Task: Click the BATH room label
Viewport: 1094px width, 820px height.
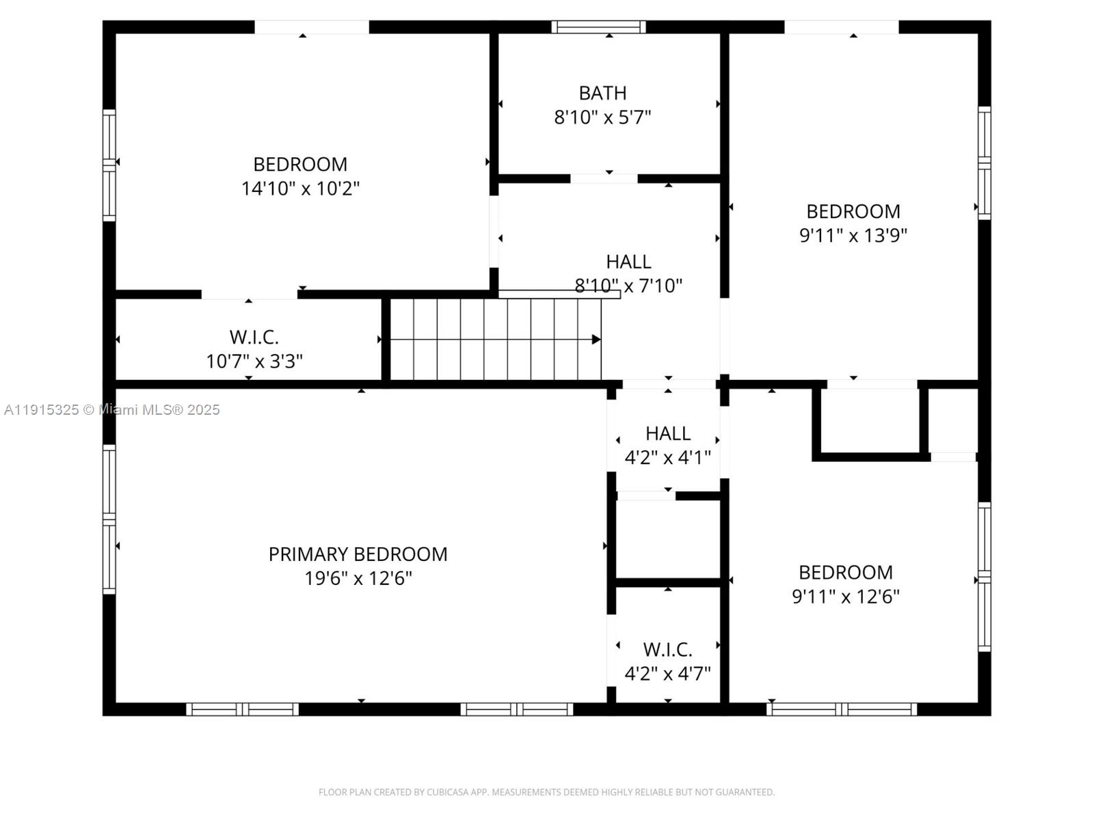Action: coord(602,93)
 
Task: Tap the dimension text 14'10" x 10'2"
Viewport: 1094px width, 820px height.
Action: coord(300,189)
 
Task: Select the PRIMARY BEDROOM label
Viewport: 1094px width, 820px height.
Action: coord(358,554)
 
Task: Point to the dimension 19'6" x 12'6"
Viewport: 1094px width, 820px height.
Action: coord(358,578)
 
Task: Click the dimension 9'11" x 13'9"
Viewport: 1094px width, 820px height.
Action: coord(853,236)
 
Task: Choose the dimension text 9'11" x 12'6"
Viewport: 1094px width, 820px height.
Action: coord(845,596)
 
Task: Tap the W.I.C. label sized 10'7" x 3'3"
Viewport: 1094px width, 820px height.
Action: coord(254,337)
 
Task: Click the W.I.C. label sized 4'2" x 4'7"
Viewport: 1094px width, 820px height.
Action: coord(667,649)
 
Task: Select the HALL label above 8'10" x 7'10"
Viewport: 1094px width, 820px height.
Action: coord(628,262)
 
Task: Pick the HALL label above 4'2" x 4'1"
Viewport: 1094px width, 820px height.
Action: coord(668,434)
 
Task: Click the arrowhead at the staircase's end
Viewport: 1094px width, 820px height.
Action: coord(596,339)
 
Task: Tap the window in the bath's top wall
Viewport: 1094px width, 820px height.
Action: coord(598,27)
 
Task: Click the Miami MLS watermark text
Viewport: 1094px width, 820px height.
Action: coord(111,410)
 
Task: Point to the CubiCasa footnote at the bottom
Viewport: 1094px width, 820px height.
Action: coord(546,792)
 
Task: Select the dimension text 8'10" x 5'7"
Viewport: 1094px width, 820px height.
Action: coord(602,118)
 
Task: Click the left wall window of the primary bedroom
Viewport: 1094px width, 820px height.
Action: coord(109,519)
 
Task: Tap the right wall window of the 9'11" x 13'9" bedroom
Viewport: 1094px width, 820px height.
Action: coord(984,163)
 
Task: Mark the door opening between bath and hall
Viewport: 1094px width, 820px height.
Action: coord(604,178)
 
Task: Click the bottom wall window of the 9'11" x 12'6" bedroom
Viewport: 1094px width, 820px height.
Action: coord(841,709)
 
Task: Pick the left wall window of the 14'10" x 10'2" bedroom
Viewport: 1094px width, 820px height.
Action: coord(109,165)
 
